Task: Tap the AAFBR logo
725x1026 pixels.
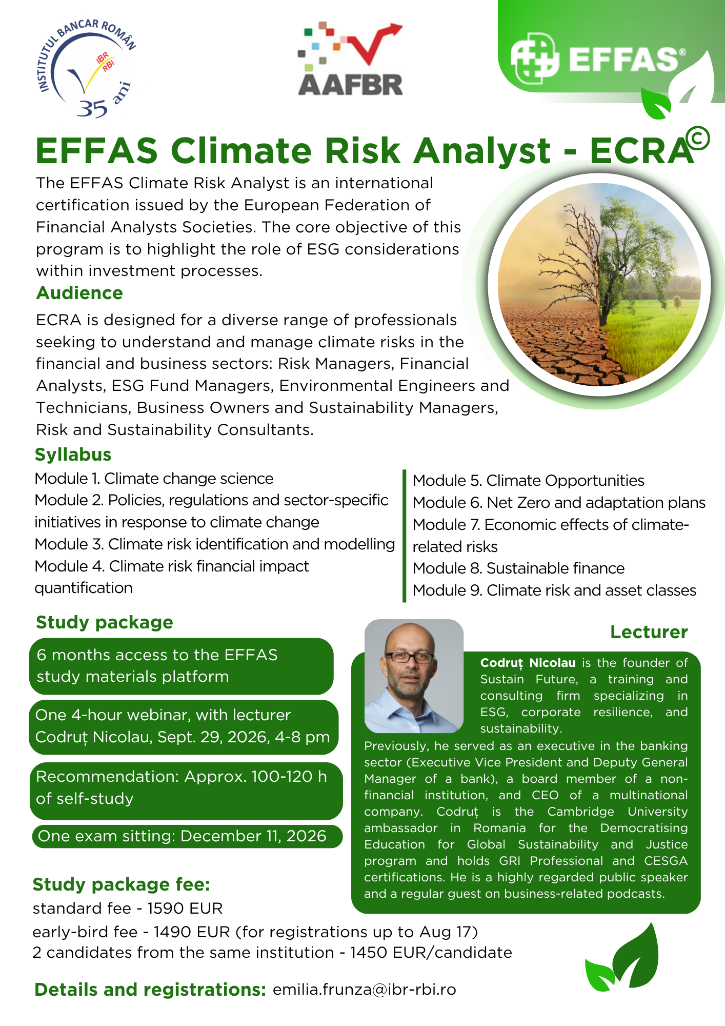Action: point(351,59)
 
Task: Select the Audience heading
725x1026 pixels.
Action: point(79,293)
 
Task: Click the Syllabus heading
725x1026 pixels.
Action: point(73,455)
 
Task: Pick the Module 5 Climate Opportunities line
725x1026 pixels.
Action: point(528,481)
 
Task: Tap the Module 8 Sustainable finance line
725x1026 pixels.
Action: point(518,568)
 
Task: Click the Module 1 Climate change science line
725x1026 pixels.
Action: point(154,479)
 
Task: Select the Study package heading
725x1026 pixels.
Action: point(105,622)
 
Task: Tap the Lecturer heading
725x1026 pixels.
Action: point(649,632)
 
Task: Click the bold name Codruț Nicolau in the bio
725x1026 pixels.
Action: point(528,663)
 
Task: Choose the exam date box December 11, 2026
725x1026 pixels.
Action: point(187,836)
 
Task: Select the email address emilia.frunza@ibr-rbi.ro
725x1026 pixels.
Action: point(365,989)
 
